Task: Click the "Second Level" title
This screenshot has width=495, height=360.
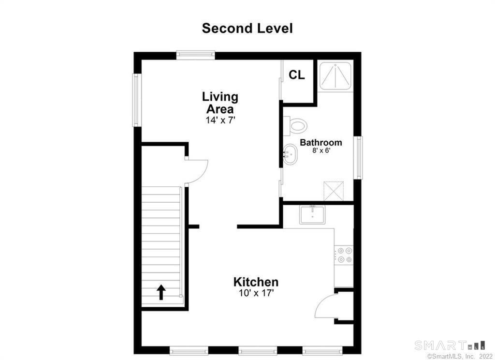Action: tap(247, 29)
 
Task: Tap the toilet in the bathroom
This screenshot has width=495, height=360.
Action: tap(295, 126)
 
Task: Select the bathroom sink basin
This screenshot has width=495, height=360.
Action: tap(290, 154)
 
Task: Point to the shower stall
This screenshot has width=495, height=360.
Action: tap(335, 76)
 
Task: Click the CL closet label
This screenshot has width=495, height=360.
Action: tap(297, 75)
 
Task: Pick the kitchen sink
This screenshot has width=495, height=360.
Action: tap(312, 215)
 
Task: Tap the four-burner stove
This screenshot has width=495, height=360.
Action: tap(344, 255)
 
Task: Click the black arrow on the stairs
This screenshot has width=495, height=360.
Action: tap(161, 292)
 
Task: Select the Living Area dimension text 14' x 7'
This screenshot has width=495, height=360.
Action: tap(220, 120)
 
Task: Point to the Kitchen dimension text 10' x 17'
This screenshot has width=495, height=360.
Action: tap(256, 293)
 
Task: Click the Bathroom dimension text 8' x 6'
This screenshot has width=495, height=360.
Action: tap(321, 150)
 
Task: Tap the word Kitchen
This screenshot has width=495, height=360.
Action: tap(256, 282)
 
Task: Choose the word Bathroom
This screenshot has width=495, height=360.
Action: tap(321, 143)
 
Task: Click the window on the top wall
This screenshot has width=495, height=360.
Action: tap(195, 55)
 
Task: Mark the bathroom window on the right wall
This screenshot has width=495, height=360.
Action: tap(358, 157)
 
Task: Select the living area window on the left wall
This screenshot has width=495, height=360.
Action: tap(137, 100)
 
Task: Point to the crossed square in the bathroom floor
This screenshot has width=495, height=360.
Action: tap(334, 191)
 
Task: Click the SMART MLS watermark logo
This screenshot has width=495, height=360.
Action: tap(450, 345)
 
